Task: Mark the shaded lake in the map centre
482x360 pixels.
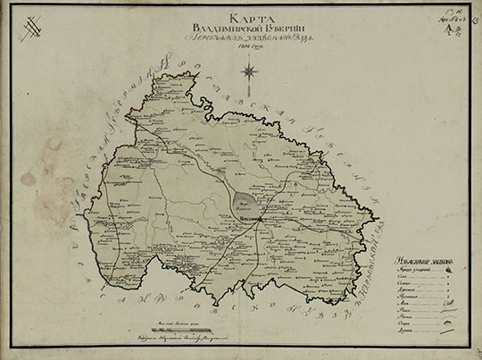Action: click(247, 204)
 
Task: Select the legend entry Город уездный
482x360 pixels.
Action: click(410, 268)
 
